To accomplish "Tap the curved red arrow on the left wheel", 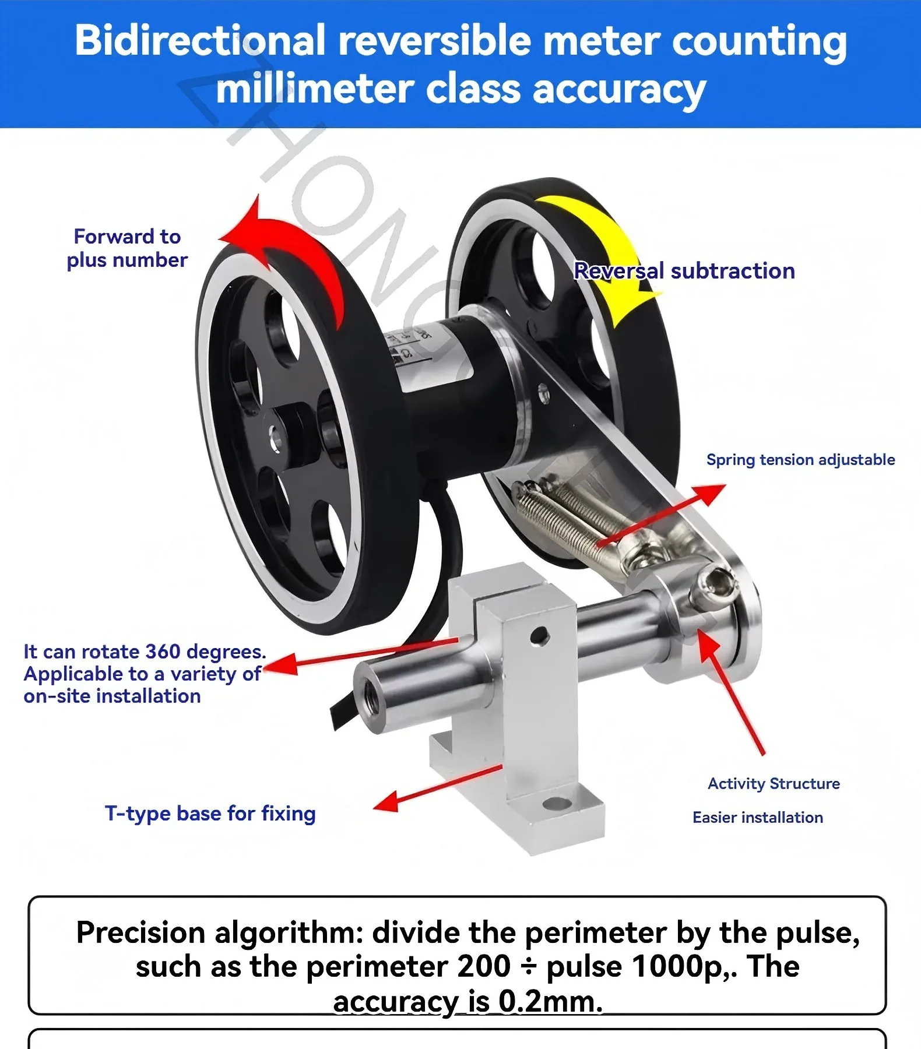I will point(291,251).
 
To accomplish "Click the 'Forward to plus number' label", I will point(127,248).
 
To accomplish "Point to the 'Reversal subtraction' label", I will point(684,271).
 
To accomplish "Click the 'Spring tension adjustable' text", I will point(800,460).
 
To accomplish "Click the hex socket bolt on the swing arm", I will point(715,585).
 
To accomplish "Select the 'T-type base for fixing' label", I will point(210,814).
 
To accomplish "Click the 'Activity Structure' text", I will point(774,784).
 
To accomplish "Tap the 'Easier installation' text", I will point(757,818).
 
